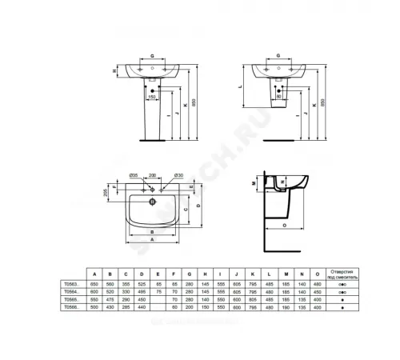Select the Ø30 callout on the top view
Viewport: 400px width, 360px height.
(x=179, y=174)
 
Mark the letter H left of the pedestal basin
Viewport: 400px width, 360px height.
(x=114, y=71)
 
